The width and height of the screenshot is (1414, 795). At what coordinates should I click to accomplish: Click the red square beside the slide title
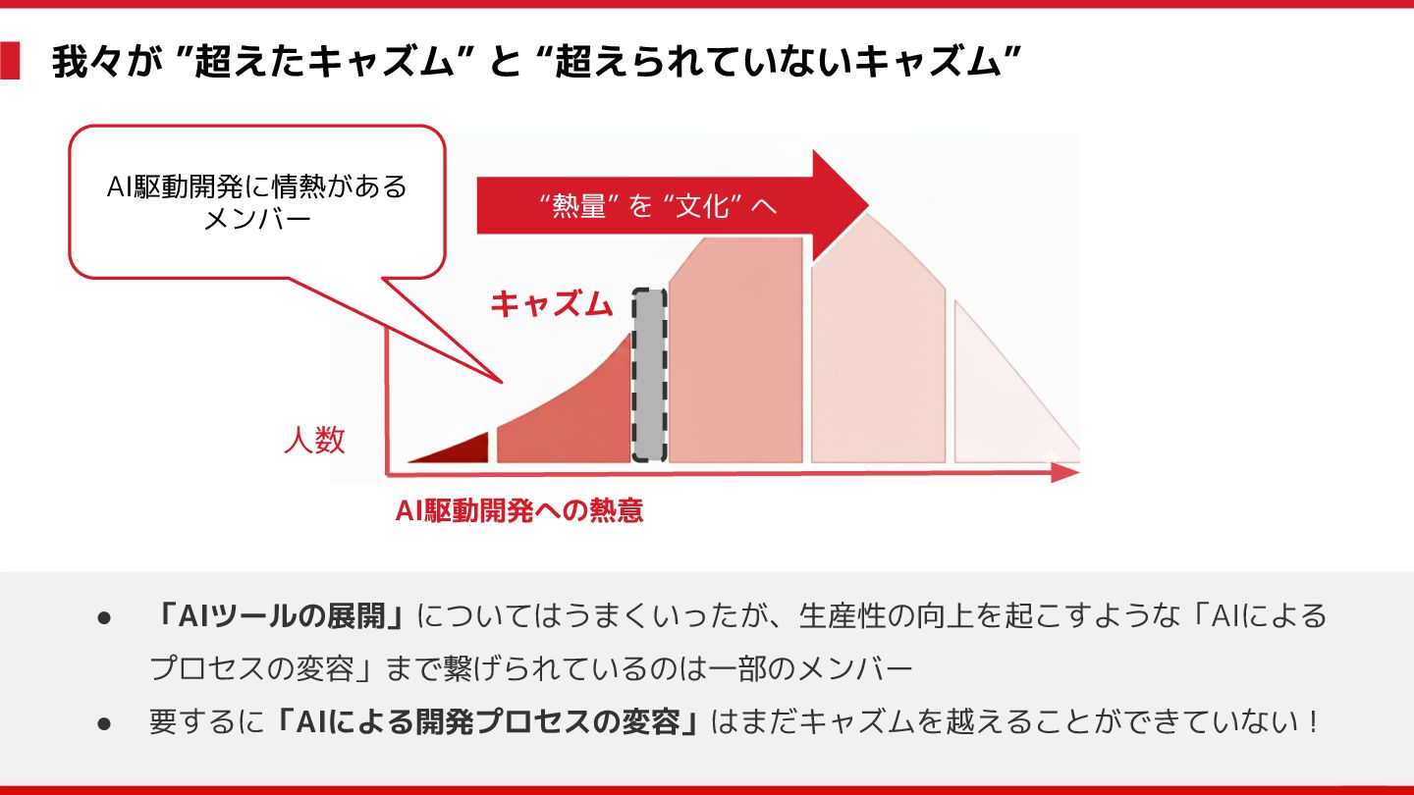coord(10,61)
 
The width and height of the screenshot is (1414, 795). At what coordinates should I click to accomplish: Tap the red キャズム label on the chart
coord(551,304)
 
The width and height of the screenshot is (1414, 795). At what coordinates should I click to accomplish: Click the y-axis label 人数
coord(314,441)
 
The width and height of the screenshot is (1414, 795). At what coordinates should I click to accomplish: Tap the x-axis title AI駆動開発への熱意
coord(519,510)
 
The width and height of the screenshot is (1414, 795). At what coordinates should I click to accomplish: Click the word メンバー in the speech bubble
coord(256,219)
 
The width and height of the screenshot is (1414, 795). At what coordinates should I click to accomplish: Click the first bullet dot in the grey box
coord(104,617)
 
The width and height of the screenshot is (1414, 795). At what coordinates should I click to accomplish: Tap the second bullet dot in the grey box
coord(104,723)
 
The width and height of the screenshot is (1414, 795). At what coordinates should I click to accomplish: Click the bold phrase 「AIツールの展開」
coord(280,616)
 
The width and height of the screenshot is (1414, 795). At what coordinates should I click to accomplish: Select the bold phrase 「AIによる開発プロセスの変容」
coord(487,722)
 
